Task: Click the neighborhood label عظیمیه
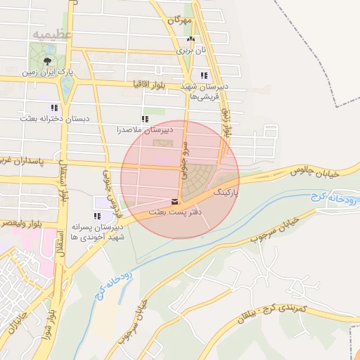point(51,33)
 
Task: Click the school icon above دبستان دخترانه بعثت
point(53,108)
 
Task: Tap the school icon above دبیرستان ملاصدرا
point(145,120)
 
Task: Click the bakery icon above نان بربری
point(190,40)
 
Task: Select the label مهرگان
point(179,21)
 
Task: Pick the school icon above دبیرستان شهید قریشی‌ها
point(204,75)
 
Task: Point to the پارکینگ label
point(226,191)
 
